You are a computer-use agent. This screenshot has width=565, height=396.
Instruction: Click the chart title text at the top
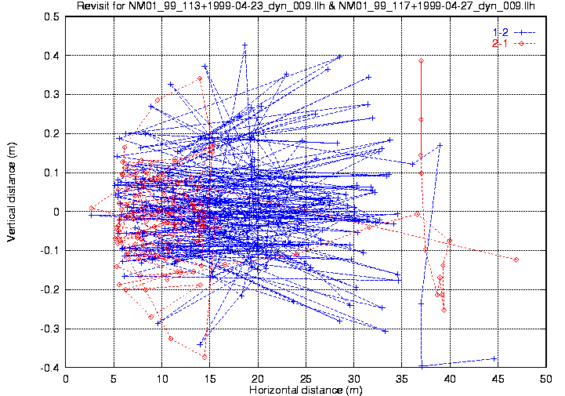pyautogui.click(x=306, y=6)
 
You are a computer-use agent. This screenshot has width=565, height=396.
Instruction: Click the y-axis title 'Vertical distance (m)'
pyautogui.click(x=12, y=191)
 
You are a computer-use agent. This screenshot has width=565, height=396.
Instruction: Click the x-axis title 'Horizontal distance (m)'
pyautogui.click(x=306, y=389)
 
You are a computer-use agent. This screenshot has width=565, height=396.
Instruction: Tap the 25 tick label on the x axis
pyautogui.click(x=306, y=378)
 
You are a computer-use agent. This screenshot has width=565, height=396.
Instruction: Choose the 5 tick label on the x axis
pyautogui.click(x=114, y=378)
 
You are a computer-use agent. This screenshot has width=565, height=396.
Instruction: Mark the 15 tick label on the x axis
pyautogui.click(x=210, y=378)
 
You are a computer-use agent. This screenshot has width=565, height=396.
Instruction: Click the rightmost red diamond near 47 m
pyautogui.click(x=516, y=260)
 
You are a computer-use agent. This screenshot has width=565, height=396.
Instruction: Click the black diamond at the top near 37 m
pyautogui.click(x=421, y=60)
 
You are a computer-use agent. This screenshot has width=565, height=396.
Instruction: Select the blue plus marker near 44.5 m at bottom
pyautogui.click(x=494, y=358)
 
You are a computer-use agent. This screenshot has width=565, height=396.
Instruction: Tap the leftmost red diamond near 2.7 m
pyautogui.click(x=92, y=208)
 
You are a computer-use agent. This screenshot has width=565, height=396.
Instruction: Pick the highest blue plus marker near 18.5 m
pyautogui.click(x=244, y=45)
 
